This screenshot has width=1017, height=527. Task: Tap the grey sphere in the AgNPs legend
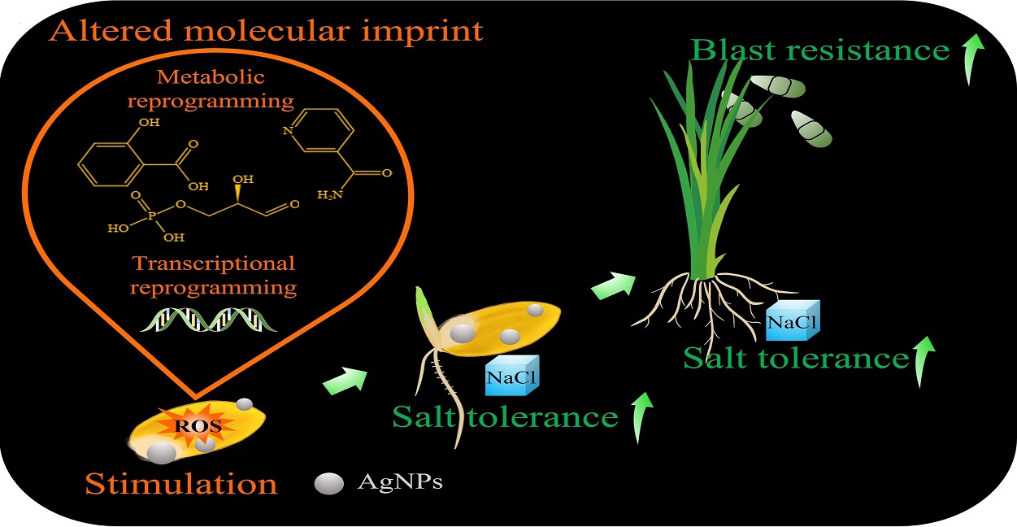tap(329, 483)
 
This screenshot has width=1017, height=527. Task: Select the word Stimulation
tap(181, 484)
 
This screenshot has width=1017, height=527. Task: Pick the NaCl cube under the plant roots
tap(793, 320)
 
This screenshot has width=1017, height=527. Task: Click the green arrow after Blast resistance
tap(973, 63)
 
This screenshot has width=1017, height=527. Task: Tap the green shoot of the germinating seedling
tap(424, 307)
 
